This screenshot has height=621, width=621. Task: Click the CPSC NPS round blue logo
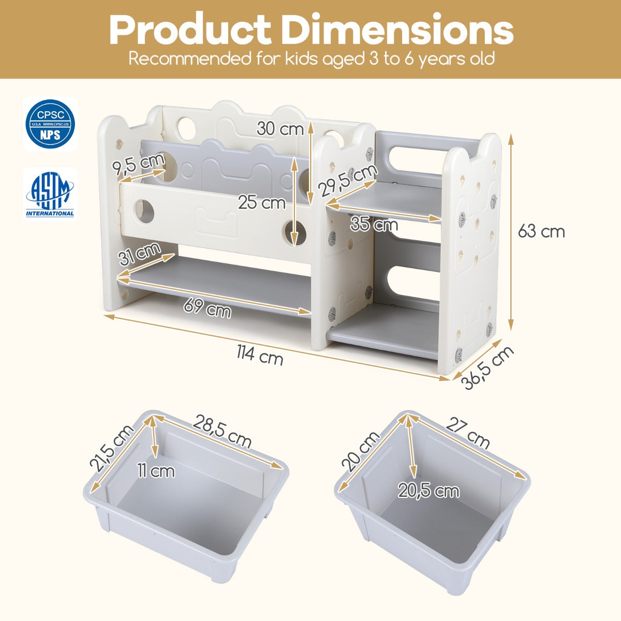(50, 124)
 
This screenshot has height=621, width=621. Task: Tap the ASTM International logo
(50, 195)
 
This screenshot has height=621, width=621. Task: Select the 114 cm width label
(260, 354)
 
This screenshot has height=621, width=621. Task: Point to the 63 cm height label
(541, 231)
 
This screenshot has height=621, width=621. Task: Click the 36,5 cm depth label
(487, 368)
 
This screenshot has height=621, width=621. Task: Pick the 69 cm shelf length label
(207, 308)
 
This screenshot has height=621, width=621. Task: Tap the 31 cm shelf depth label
(139, 253)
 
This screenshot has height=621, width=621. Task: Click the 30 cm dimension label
(280, 128)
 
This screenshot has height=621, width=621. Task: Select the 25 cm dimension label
(262, 203)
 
